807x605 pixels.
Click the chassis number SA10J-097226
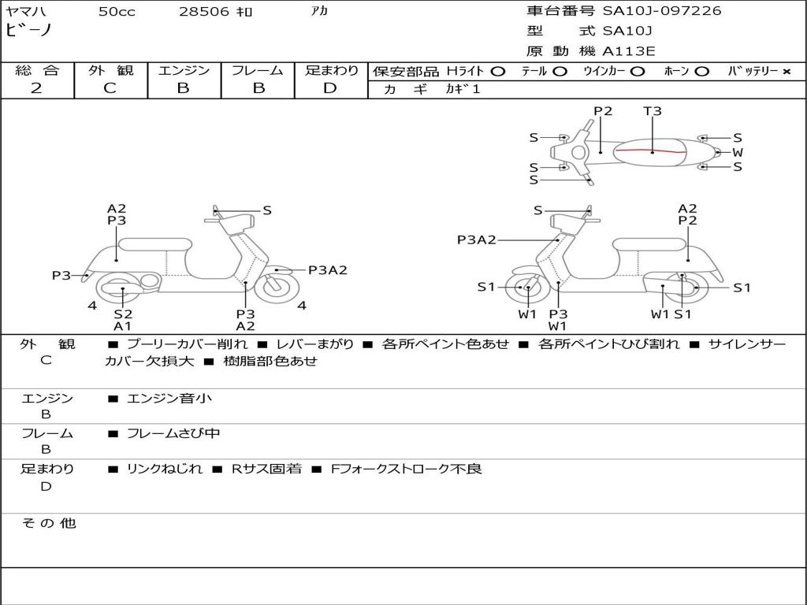[662, 11]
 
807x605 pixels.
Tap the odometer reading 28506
[203, 12]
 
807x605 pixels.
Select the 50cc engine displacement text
[117, 12]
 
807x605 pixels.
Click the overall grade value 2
[36, 88]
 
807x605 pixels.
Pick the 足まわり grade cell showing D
[330, 88]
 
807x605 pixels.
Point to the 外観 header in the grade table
[110, 70]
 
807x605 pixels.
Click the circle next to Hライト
[497, 71]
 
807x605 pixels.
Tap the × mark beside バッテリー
[786, 71]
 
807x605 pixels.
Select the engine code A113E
[629, 51]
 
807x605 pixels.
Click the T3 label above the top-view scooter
[653, 111]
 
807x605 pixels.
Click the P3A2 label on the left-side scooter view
[327, 270]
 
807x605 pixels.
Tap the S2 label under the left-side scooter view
[123, 314]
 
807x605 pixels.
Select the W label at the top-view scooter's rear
[738, 152]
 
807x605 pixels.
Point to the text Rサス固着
[266, 469]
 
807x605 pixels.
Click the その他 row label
[48, 523]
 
